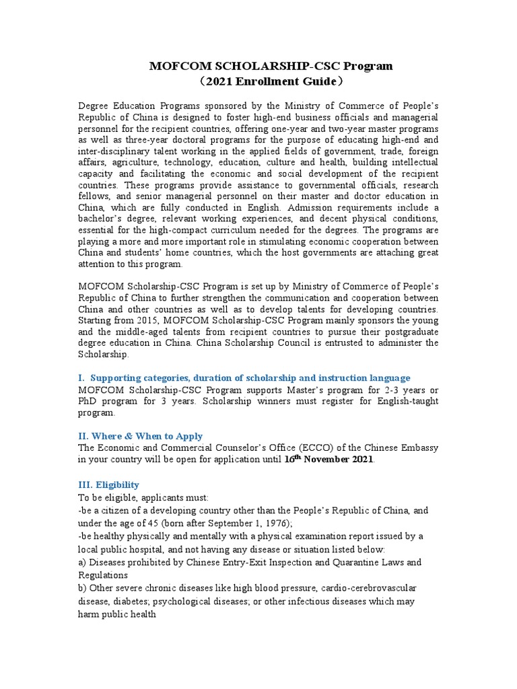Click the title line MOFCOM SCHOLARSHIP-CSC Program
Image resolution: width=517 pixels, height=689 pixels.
(x=270, y=66)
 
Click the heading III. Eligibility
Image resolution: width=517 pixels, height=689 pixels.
(x=108, y=484)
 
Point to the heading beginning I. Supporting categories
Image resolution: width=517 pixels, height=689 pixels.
(x=244, y=378)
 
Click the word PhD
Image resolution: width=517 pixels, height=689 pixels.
(x=88, y=401)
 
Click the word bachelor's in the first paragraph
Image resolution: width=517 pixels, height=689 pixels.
(x=102, y=220)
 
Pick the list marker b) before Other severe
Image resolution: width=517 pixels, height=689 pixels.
(x=83, y=589)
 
